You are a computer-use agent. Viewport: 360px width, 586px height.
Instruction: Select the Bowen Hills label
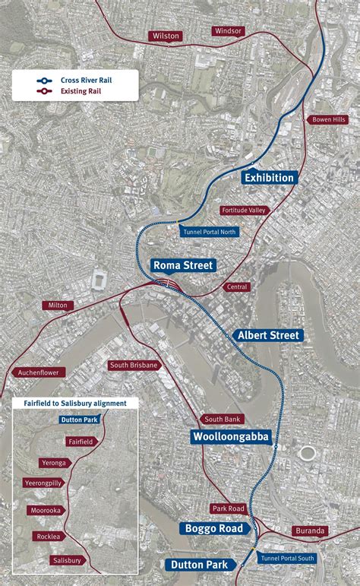coord(328,119)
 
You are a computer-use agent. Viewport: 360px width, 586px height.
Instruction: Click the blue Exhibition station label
coord(269,178)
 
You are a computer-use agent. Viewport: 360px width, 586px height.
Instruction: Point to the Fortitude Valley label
coord(244,210)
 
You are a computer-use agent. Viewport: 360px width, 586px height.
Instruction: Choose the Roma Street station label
coord(183,265)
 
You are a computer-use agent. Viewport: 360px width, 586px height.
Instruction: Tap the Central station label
coord(237,287)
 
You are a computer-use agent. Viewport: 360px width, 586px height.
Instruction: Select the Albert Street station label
coord(269,335)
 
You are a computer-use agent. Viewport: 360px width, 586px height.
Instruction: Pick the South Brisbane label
coord(134,365)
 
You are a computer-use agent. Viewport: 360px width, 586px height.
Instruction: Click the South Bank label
coord(223,420)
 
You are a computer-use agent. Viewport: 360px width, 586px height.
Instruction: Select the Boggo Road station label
coord(213,528)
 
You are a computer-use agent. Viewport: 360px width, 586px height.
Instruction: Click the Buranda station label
coord(310,531)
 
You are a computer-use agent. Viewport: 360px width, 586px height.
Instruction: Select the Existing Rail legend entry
coord(77,91)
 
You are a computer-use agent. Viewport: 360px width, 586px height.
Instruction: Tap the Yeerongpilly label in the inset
coord(44,483)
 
